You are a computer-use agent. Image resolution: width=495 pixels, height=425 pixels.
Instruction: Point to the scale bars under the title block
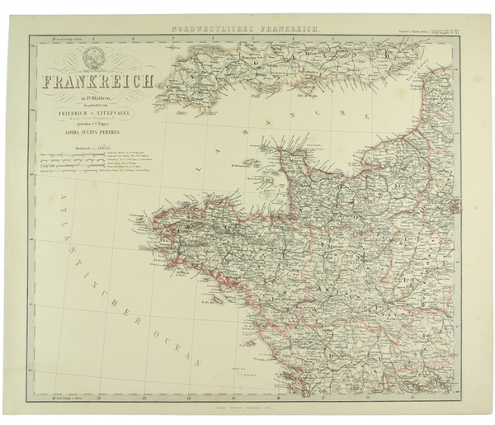(x=74, y=161)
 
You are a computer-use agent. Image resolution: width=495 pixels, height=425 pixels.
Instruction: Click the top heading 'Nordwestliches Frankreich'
(x=247, y=30)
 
